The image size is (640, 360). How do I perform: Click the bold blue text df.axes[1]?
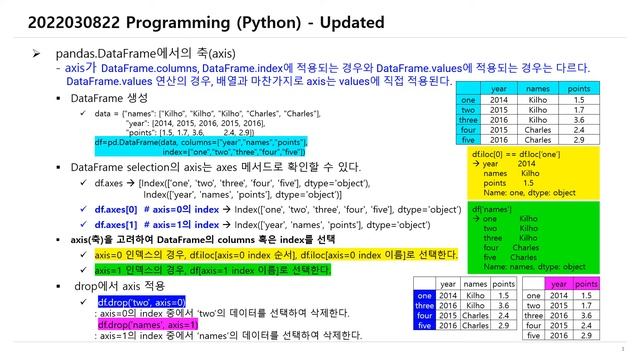(x=116, y=226)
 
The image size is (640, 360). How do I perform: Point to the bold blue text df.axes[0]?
(x=116, y=212)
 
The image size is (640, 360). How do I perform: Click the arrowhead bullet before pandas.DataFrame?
(x=36, y=51)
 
